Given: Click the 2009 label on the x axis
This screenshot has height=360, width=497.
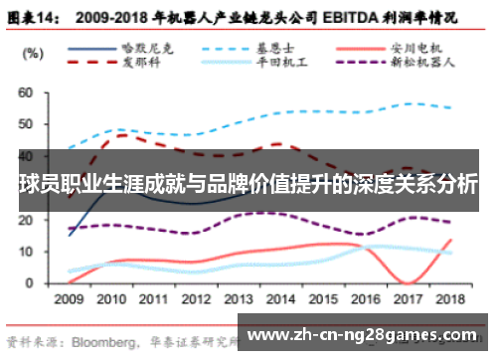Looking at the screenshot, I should pyautogui.click(x=69, y=298).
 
